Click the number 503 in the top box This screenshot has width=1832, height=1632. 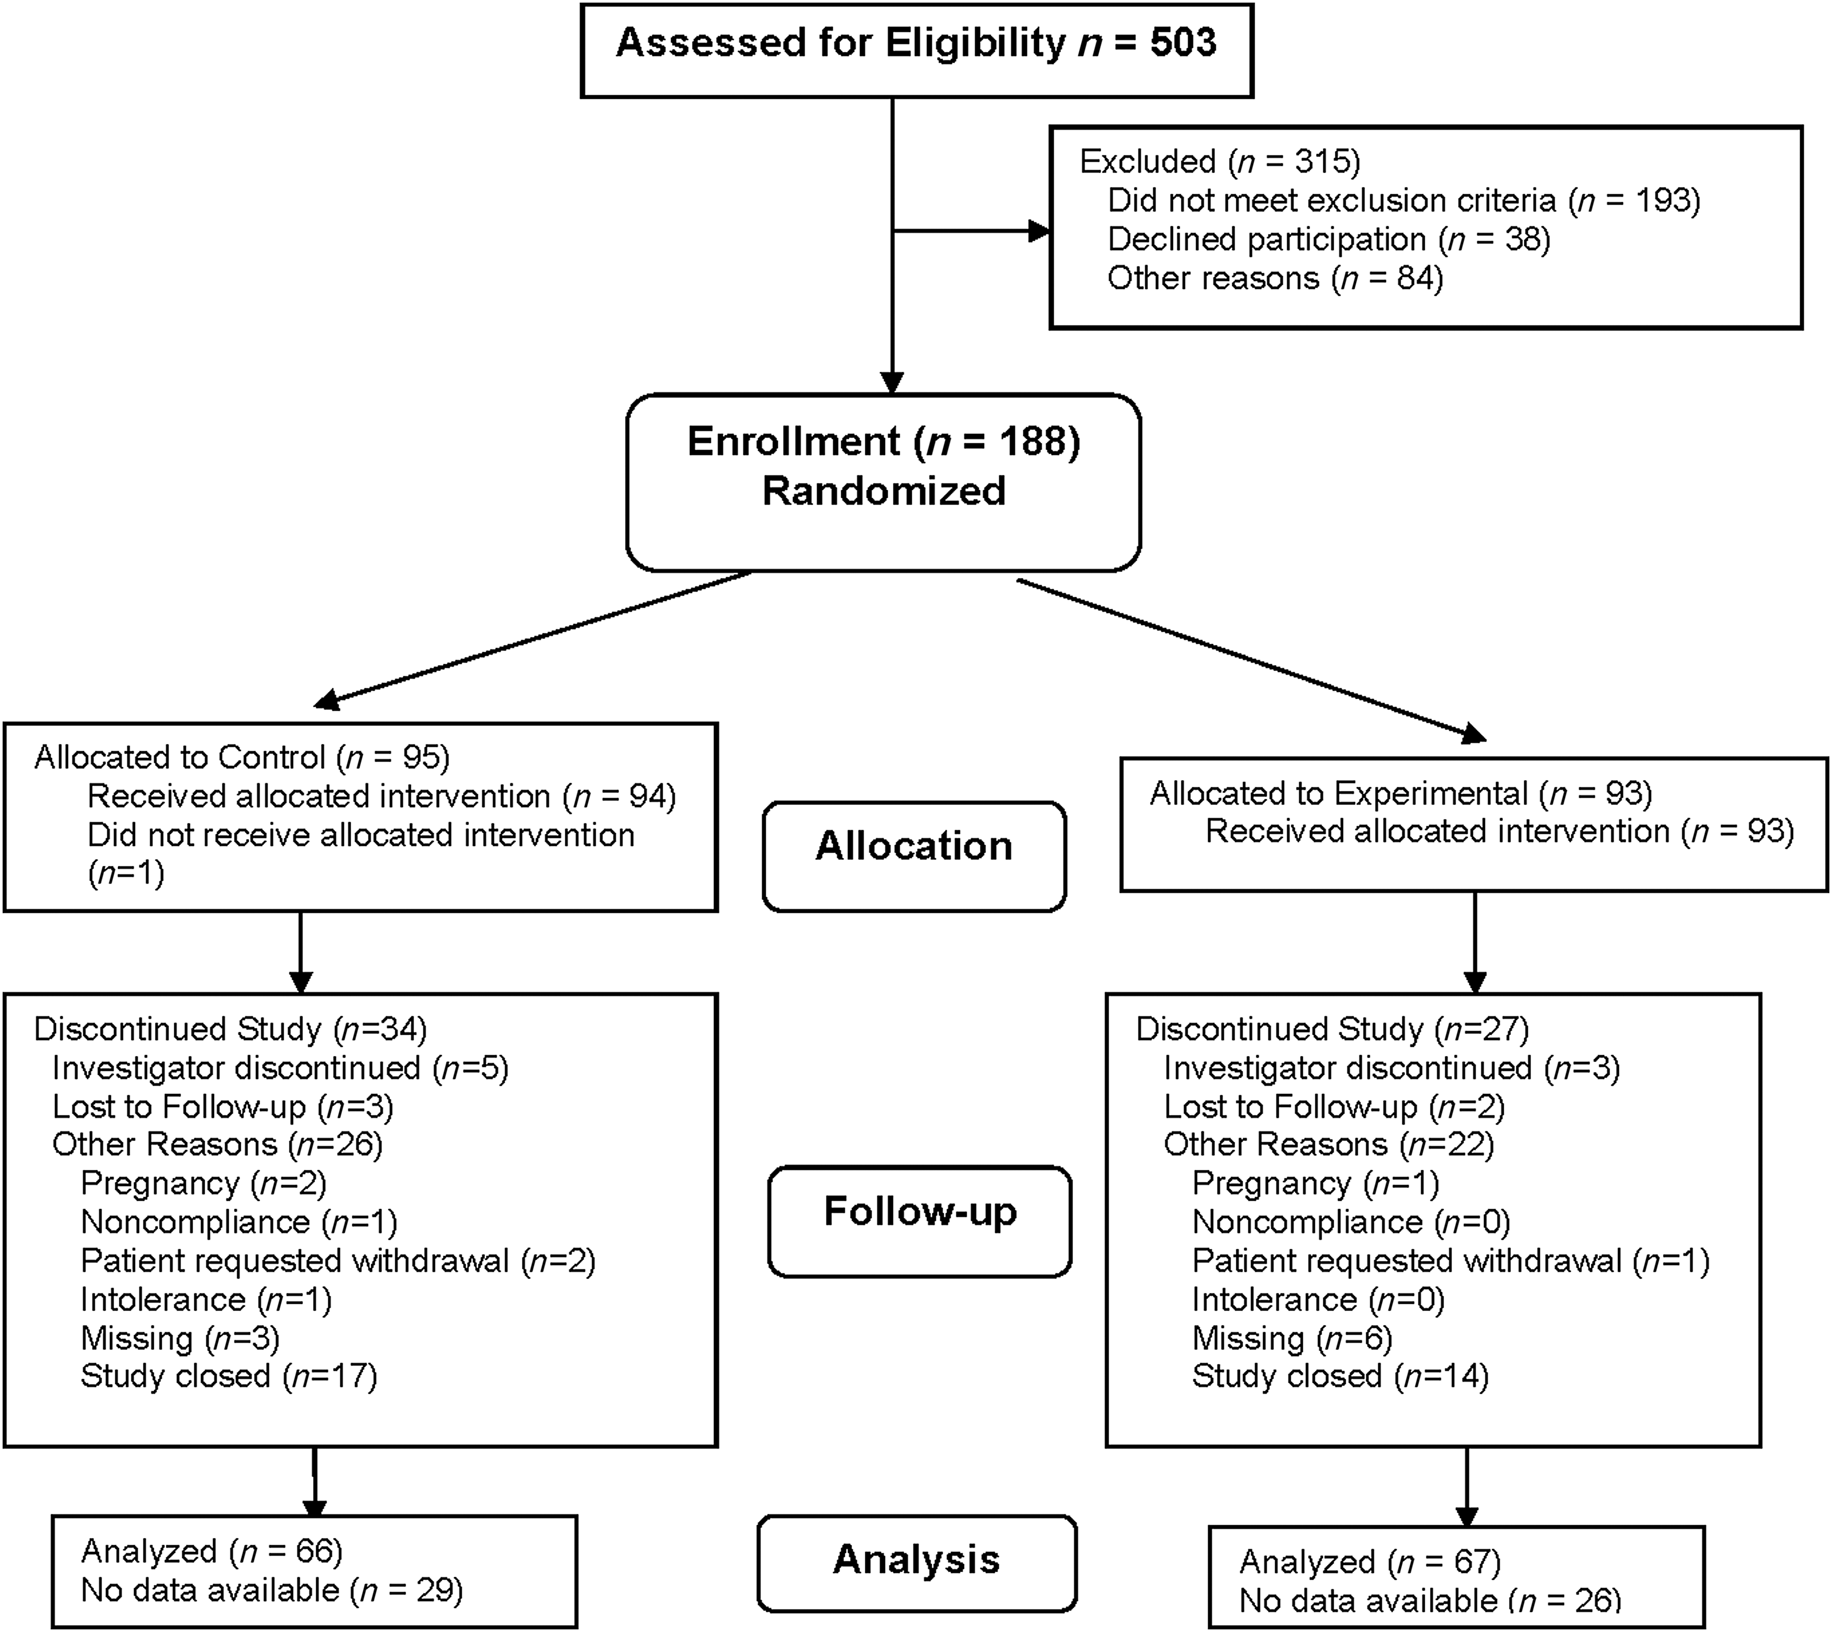point(1183,43)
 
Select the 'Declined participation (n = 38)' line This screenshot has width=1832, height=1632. point(1329,239)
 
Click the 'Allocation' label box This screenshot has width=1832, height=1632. point(914,856)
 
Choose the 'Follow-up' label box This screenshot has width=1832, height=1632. point(920,1221)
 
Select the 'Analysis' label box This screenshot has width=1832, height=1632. point(917,1563)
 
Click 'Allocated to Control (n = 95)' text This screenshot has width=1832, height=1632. point(242,758)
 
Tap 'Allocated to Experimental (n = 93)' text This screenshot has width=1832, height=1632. point(1401,793)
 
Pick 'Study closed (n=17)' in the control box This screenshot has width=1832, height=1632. point(229,1377)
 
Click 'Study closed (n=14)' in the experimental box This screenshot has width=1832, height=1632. point(1339,1377)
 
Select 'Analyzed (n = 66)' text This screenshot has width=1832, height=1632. point(211,1551)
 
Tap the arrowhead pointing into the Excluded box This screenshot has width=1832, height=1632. point(1040,231)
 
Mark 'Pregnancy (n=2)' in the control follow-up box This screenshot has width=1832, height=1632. point(204,1183)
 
